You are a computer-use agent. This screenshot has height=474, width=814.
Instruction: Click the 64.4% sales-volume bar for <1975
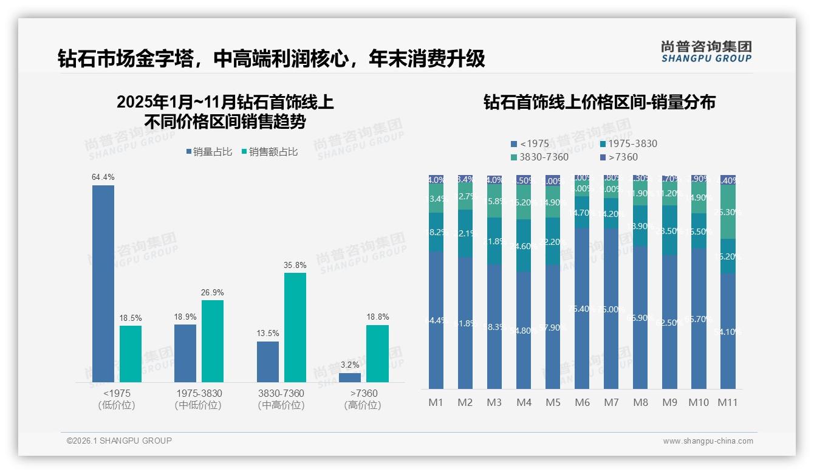click(x=103, y=283)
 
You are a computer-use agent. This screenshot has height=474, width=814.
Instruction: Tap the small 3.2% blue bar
click(x=350, y=377)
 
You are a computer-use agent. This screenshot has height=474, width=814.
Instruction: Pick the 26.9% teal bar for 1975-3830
click(x=213, y=341)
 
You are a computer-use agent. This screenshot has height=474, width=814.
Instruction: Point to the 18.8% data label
click(x=378, y=317)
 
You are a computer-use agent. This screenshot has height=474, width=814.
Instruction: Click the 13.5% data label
click(x=268, y=334)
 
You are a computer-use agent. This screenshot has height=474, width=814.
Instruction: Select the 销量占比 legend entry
click(x=209, y=152)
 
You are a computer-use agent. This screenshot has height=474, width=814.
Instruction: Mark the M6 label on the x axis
click(x=582, y=402)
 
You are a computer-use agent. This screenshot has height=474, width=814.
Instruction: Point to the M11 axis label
click(x=727, y=402)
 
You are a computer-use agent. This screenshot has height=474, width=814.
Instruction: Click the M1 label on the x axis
click(x=436, y=402)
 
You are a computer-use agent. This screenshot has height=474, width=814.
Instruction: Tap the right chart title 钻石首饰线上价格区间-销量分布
click(x=599, y=102)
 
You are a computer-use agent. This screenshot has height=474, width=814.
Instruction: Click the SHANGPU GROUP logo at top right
click(x=706, y=52)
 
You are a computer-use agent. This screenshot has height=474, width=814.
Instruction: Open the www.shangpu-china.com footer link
click(x=708, y=441)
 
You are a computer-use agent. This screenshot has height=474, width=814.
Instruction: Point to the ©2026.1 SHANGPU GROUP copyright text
click(x=119, y=441)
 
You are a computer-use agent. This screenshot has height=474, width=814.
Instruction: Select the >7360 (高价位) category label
click(x=362, y=399)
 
